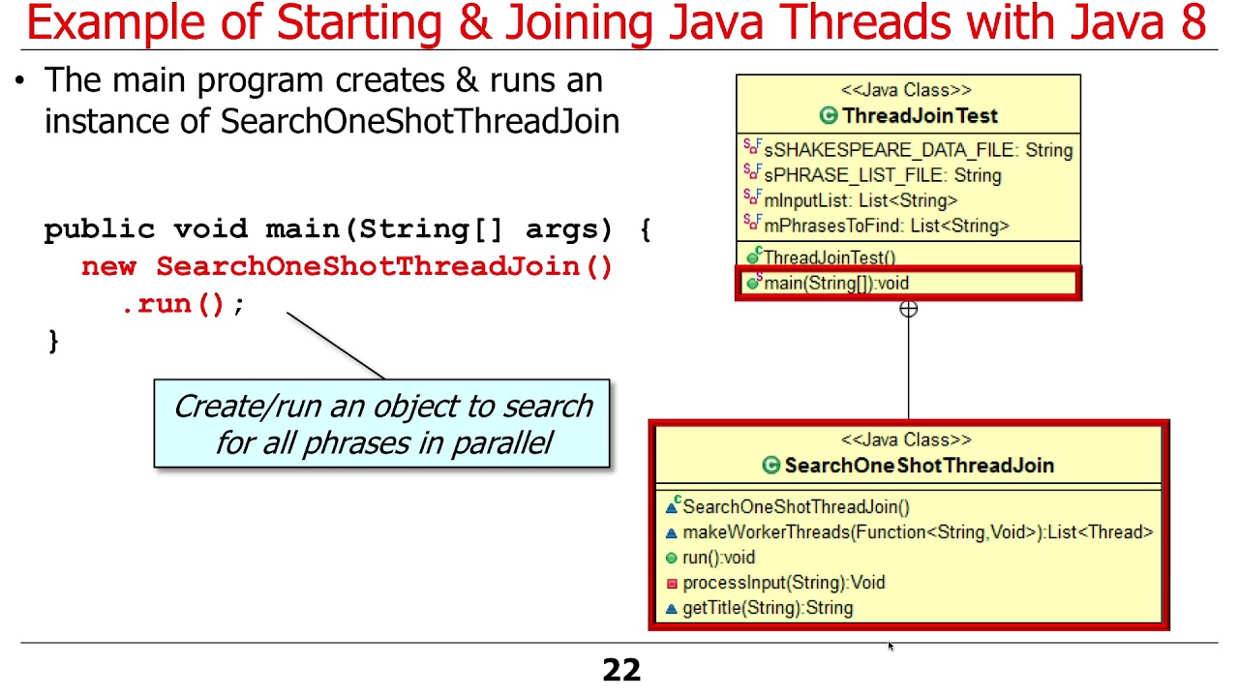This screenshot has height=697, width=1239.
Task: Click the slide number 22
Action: (x=621, y=670)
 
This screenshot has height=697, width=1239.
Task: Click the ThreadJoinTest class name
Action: (x=919, y=116)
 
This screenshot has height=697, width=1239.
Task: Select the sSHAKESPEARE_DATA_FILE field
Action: (x=918, y=150)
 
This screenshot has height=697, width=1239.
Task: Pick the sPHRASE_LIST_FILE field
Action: (x=882, y=175)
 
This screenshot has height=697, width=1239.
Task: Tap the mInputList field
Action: (x=861, y=200)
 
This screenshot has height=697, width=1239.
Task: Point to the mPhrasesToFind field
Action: (x=886, y=226)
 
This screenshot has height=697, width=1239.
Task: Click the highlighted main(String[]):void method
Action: (x=836, y=284)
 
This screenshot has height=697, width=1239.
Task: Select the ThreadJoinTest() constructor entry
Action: (x=830, y=258)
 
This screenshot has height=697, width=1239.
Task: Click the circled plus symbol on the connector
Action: (x=908, y=310)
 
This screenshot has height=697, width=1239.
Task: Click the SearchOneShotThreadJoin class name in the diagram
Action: (x=919, y=466)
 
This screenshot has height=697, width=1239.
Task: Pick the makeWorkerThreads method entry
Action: (x=917, y=531)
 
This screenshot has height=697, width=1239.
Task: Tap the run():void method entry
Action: (x=718, y=558)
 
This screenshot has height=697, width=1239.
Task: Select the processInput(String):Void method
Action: (x=783, y=583)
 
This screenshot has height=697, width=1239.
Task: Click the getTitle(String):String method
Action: (x=768, y=608)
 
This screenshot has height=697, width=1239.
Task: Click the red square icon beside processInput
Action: (x=672, y=584)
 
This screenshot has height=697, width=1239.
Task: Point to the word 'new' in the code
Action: (x=108, y=267)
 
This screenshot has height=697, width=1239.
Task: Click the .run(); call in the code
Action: (x=182, y=304)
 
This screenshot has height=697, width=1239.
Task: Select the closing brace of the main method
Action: (x=52, y=341)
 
